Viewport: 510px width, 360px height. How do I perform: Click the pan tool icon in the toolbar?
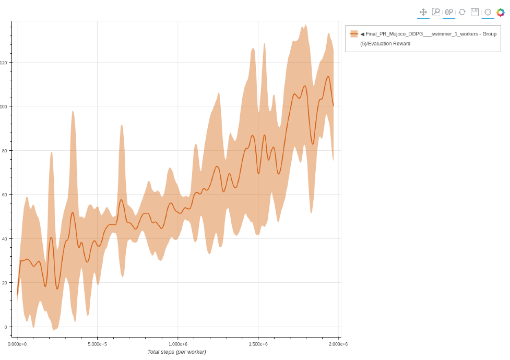(x=423, y=12)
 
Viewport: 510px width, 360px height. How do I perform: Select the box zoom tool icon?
(x=436, y=12)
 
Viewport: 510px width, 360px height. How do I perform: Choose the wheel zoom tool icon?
(x=449, y=12)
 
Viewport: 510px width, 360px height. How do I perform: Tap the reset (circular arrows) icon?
(x=462, y=12)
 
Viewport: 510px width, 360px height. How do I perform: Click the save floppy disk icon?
(x=475, y=12)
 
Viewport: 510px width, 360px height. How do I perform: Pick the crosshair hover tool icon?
(x=488, y=12)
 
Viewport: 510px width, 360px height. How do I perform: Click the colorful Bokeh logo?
(x=501, y=12)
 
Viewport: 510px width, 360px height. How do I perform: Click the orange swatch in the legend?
(x=354, y=34)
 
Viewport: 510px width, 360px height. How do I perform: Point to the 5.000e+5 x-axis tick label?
(x=97, y=344)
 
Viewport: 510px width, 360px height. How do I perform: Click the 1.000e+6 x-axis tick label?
(x=177, y=344)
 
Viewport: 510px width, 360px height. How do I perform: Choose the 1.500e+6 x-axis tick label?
(x=258, y=344)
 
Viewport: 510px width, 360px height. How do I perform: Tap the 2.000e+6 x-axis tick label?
(x=338, y=344)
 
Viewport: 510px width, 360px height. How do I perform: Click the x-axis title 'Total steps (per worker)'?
(x=176, y=352)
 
